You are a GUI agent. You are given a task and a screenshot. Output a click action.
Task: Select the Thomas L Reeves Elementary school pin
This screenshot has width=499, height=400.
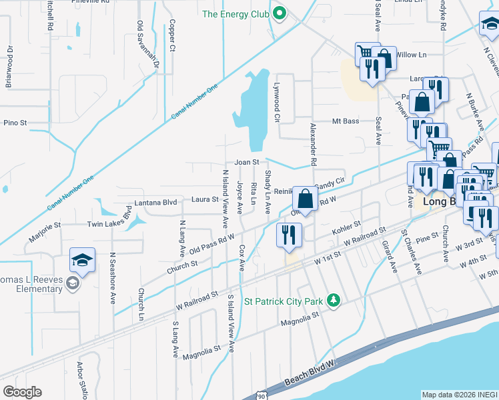tap(82, 261)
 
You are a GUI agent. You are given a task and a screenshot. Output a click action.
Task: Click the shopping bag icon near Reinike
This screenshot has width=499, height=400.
tap(305, 199)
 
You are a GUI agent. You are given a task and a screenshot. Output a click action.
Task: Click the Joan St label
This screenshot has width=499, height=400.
tap(246, 163)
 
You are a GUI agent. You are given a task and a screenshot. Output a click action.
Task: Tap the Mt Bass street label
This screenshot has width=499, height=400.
tap(346, 121)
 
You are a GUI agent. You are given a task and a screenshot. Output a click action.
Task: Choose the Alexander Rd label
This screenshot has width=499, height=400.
tap(313, 144)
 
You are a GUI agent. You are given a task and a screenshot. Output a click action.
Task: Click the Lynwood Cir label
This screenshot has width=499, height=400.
tap(275, 103)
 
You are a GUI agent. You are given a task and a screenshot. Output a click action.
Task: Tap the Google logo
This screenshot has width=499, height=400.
tap(22, 392)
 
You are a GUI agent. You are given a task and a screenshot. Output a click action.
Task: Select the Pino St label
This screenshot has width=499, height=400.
tap(15, 123)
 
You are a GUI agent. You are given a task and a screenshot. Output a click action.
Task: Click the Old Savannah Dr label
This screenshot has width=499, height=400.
tap(147, 44)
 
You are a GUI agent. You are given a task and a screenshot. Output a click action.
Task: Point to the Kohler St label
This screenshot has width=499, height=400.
tap(346, 229)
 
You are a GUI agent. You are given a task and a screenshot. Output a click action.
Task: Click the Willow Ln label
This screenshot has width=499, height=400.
tap(411, 55)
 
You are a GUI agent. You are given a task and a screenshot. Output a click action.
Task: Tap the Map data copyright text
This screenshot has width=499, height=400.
tap(460, 395)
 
